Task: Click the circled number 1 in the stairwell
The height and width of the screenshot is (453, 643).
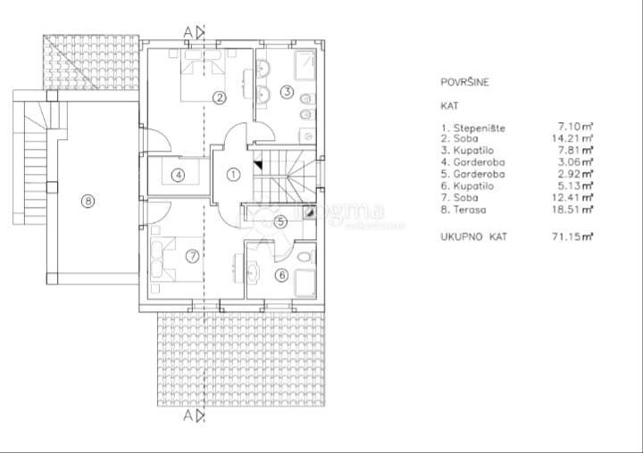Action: click(x=232, y=175)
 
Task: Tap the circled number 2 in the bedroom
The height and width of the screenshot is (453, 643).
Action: click(x=218, y=97)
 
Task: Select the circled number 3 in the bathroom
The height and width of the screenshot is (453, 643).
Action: click(x=287, y=91)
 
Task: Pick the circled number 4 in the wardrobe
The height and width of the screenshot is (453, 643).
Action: click(x=179, y=175)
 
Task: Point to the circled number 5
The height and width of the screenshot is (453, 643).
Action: click(x=279, y=223)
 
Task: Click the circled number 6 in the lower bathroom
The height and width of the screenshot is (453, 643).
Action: click(x=281, y=275)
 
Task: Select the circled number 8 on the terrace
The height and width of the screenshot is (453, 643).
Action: click(x=88, y=201)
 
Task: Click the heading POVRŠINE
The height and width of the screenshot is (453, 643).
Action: click(x=464, y=83)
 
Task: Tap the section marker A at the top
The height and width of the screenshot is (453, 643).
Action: click(x=188, y=32)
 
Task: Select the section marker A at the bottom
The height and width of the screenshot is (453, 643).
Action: click(x=188, y=416)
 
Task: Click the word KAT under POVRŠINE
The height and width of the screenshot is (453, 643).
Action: click(x=449, y=105)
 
